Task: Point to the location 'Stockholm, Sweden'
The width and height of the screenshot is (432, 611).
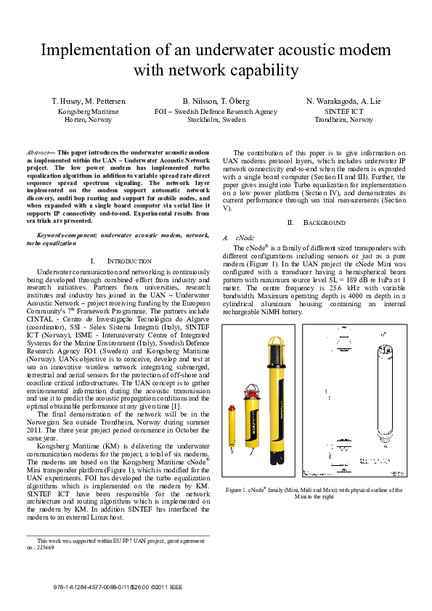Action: [x=216, y=120]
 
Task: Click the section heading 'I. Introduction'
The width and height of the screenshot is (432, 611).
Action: [x=121, y=261]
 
